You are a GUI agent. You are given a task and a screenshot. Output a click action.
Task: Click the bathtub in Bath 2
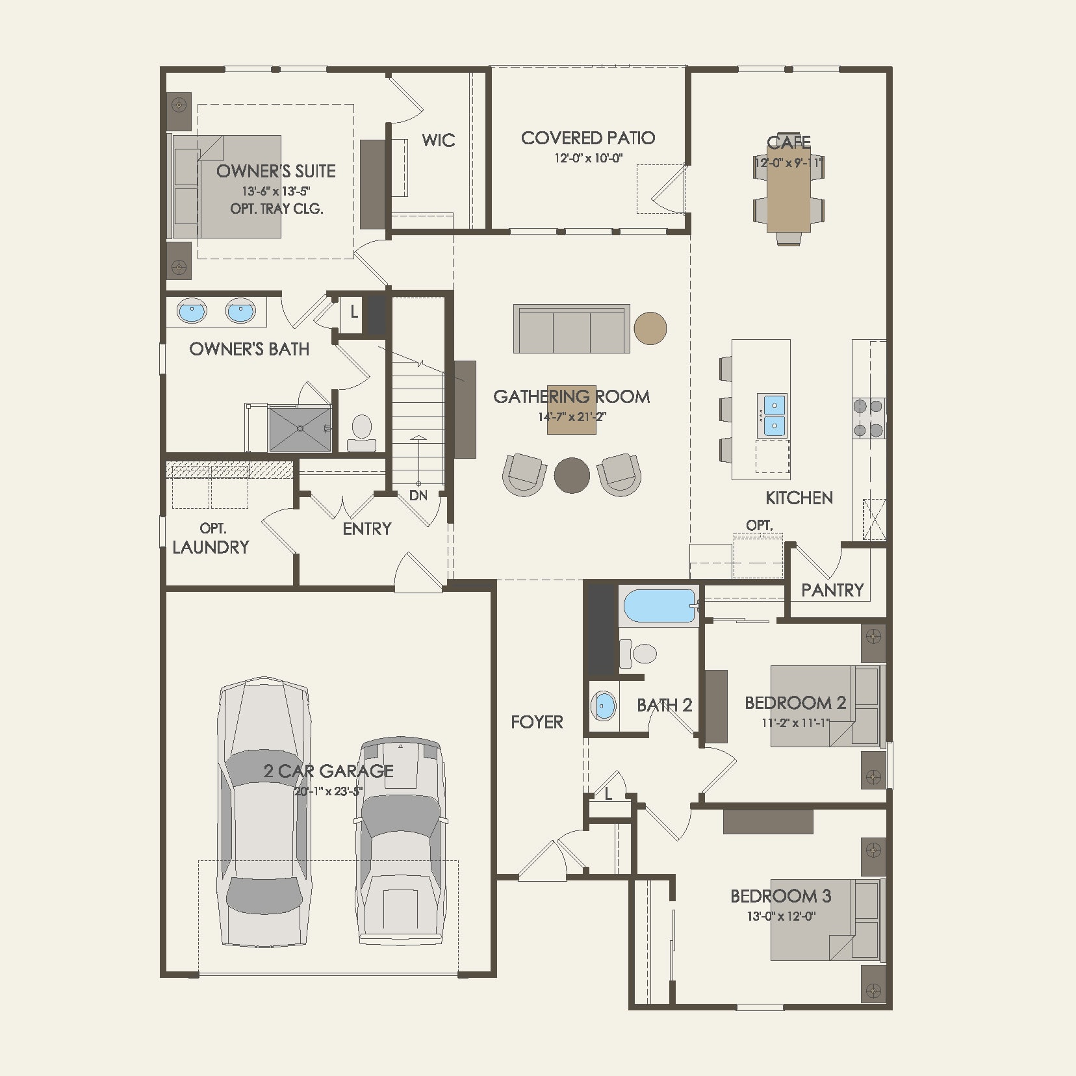[660, 606]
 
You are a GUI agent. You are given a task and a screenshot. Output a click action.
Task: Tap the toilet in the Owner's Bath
[361, 433]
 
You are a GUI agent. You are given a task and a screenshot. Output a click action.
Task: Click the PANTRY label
[832, 590]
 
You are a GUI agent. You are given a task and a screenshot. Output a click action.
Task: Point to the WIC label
[438, 140]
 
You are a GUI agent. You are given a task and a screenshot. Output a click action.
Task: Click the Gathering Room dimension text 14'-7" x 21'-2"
[571, 416]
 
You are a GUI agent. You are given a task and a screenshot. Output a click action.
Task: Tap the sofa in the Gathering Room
[571, 329]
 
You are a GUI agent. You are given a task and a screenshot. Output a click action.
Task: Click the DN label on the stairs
[418, 496]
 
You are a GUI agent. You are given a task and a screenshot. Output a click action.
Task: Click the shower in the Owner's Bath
[300, 428]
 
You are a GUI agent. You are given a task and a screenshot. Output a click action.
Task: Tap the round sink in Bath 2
[604, 706]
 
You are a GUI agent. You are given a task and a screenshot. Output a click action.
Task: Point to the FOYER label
[537, 722]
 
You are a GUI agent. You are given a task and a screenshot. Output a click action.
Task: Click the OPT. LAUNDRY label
[211, 539]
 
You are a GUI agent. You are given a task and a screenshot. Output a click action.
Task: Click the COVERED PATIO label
[587, 138]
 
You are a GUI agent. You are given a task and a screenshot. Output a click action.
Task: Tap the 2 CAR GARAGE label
[328, 771]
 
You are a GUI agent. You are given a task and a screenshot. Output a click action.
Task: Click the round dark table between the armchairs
[572, 475]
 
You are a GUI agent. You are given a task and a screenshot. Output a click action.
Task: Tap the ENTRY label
[366, 529]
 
